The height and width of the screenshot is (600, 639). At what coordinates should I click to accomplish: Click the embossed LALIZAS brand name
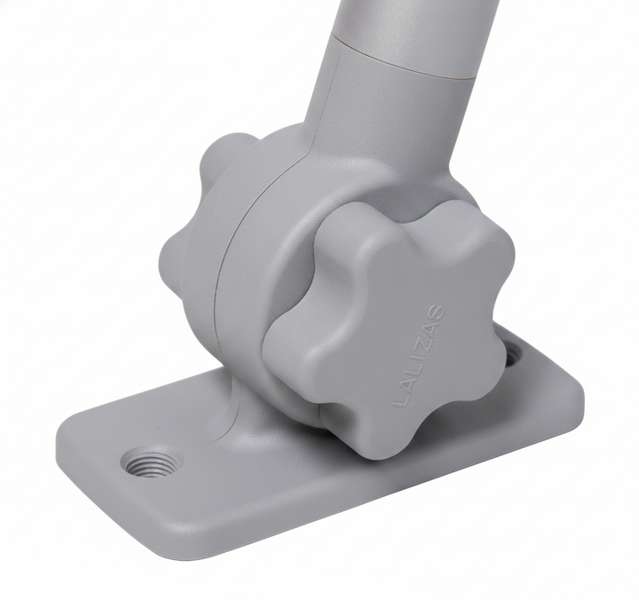click(x=418, y=355)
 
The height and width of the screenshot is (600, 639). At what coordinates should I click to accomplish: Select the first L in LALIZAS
click(x=398, y=399)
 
